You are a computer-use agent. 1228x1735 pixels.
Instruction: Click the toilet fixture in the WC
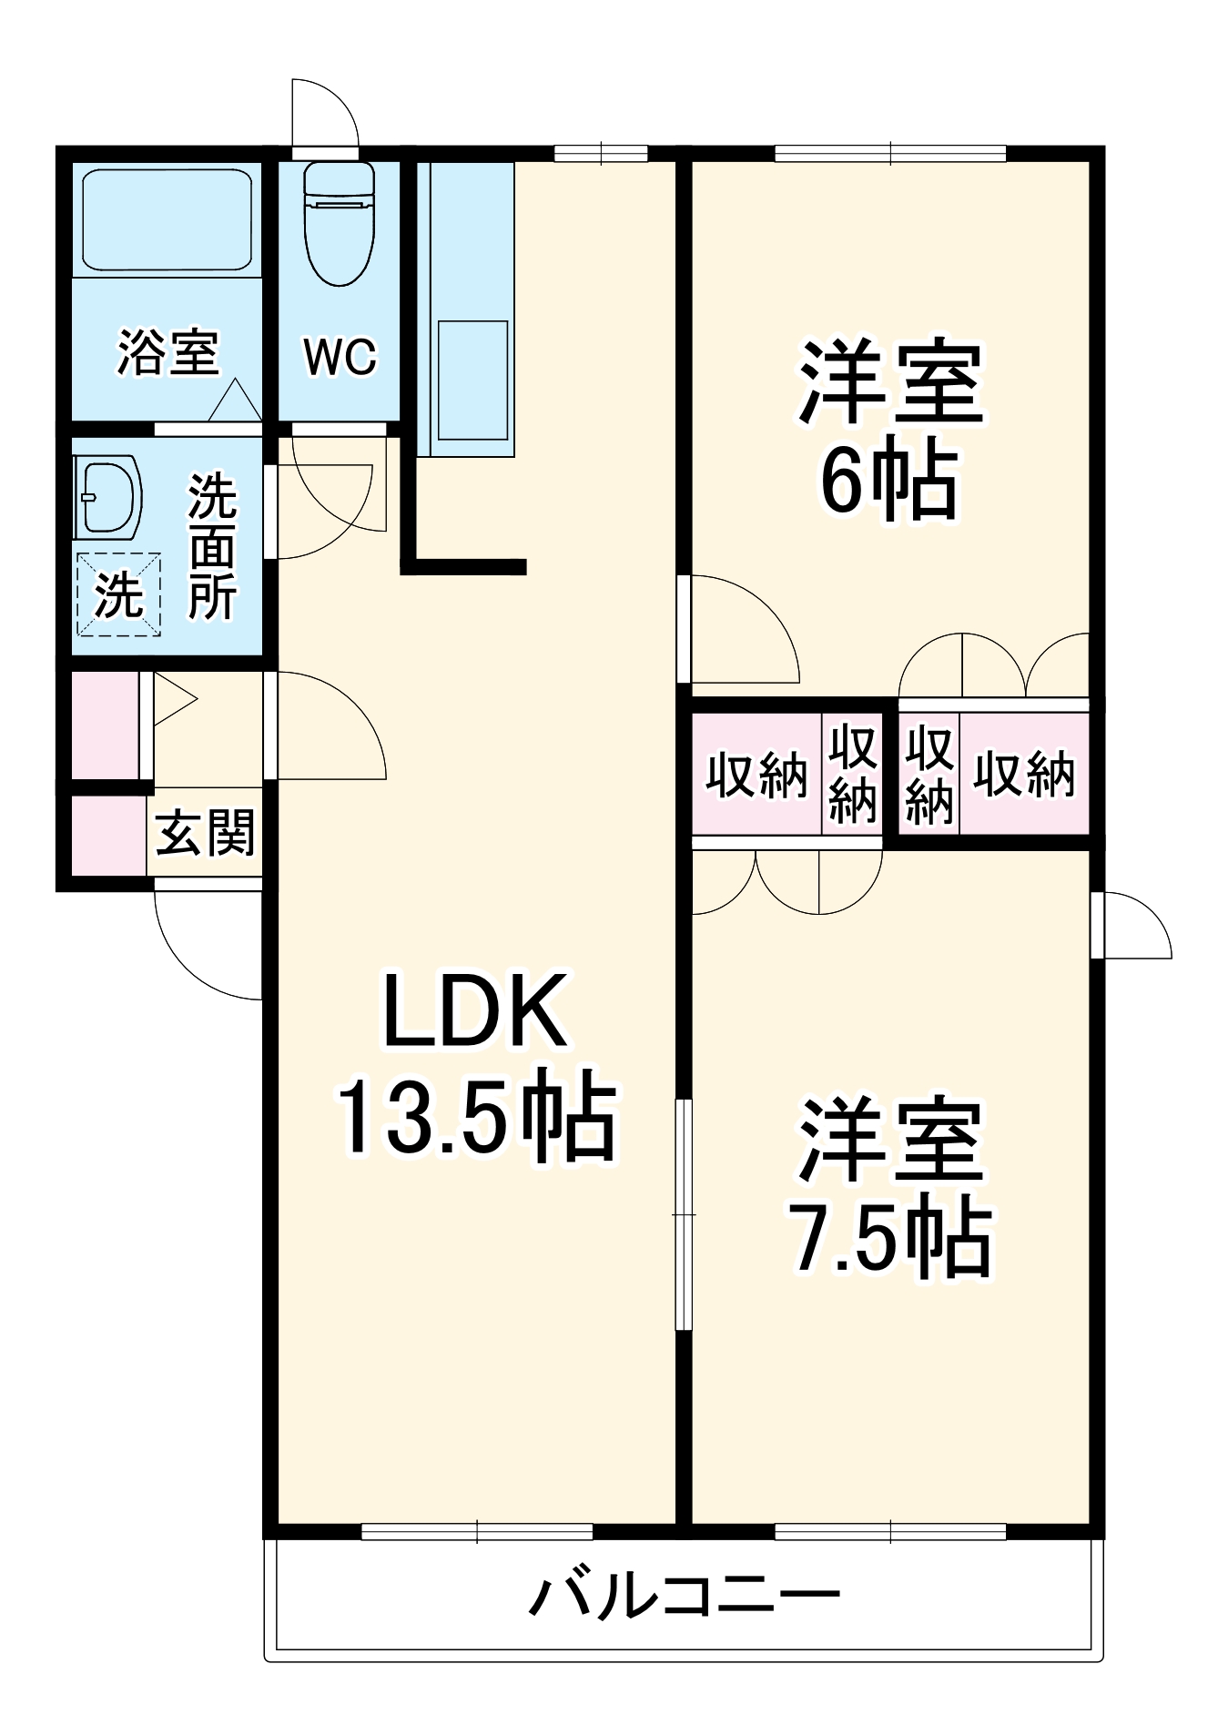tap(339, 224)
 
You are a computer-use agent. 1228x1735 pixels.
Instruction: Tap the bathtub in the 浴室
tap(167, 219)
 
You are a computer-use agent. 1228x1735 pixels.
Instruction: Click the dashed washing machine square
tap(119, 594)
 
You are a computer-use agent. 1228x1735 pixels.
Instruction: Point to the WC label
tap(340, 357)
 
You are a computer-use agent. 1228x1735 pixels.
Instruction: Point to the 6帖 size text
tap(889, 483)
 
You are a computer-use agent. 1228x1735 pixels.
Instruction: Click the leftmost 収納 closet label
tap(756, 776)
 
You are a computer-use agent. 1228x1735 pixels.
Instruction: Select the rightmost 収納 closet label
tap(1025, 776)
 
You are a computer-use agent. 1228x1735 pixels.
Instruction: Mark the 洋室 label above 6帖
tap(891, 382)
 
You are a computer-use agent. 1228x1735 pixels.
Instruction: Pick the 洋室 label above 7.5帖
tap(891, 1141)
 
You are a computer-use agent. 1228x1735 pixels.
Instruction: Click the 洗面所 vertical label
tap(213, 547)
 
